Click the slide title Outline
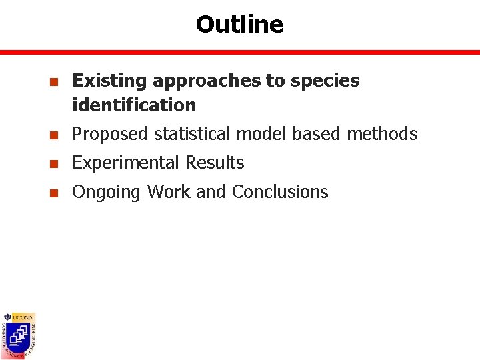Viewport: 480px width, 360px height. coord(239,25)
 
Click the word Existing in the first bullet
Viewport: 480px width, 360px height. coord(110,81)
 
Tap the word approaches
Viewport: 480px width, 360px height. coord(207,81)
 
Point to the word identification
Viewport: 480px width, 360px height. coord(134,105)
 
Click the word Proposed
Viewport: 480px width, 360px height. coord(111,134)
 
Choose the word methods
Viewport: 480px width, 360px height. coord(382,134)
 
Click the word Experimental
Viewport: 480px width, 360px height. coord(126,163)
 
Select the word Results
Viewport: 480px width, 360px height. coord(215,163)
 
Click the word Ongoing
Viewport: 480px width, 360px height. coord(107,193)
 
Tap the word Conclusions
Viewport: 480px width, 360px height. coord(280,192)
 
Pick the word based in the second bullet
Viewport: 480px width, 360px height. coord(317,134)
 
